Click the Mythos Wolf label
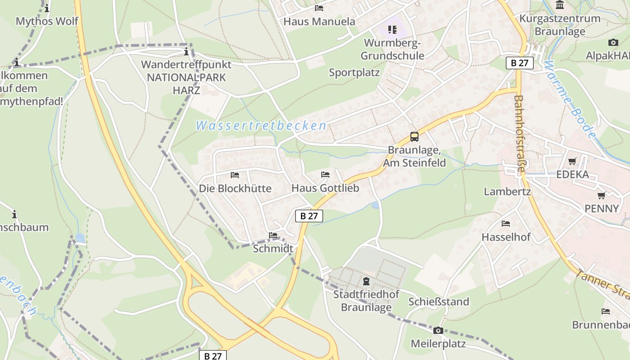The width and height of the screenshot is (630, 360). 47,21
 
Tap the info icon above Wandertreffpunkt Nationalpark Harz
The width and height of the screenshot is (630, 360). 186,51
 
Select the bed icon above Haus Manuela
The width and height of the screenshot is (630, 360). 319,8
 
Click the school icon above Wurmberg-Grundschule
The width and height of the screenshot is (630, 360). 392,30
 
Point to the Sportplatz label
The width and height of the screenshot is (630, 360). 354,72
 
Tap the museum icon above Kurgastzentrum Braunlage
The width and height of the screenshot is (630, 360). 560,5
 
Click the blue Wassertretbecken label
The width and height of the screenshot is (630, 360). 261,126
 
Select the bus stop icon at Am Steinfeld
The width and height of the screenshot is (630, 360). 414,136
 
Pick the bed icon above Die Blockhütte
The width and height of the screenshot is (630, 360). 235,175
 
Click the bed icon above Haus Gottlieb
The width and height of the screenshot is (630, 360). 325,175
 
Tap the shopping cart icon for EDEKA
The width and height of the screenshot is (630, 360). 572,161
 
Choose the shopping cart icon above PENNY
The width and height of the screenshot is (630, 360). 601,195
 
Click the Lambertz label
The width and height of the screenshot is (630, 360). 507,192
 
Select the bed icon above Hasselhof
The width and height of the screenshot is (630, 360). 506,224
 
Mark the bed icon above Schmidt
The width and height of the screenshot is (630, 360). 273,235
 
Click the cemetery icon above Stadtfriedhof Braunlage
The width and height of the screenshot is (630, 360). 366,282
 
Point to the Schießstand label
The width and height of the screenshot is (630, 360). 438,301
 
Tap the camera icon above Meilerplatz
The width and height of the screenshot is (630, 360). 438,331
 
